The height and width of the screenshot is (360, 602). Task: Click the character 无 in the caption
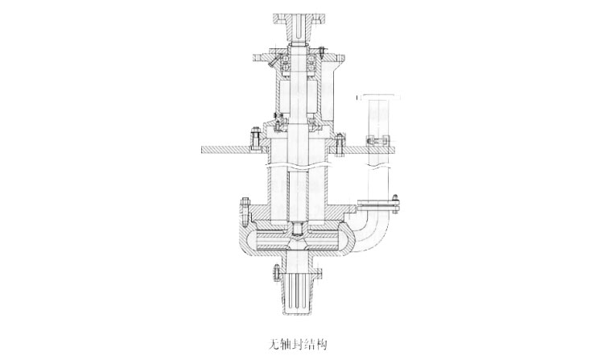point(274,344)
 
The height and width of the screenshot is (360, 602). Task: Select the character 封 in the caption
point(298,344)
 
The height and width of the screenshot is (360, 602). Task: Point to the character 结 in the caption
point(309,344)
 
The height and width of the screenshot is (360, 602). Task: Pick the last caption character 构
point(321,344)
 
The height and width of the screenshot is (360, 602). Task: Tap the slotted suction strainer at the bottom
point(299,293)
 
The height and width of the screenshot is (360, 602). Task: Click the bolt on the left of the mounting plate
point(254,139)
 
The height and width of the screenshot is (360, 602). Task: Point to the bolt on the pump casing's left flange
point(245,212)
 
